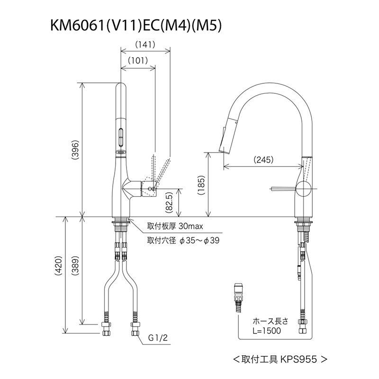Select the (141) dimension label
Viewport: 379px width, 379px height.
pos(145,45)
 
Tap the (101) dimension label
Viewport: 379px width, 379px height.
pos(138,61)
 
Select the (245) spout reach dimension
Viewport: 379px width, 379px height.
pos(263,160)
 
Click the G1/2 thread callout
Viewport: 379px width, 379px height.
pos(157,338)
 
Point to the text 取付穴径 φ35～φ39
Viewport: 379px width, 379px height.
pos(182,241)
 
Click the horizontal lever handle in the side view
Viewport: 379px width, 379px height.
pos(284,189)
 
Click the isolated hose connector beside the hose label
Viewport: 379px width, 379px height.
pos(238,297)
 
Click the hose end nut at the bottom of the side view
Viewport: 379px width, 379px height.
pos(302,326)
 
